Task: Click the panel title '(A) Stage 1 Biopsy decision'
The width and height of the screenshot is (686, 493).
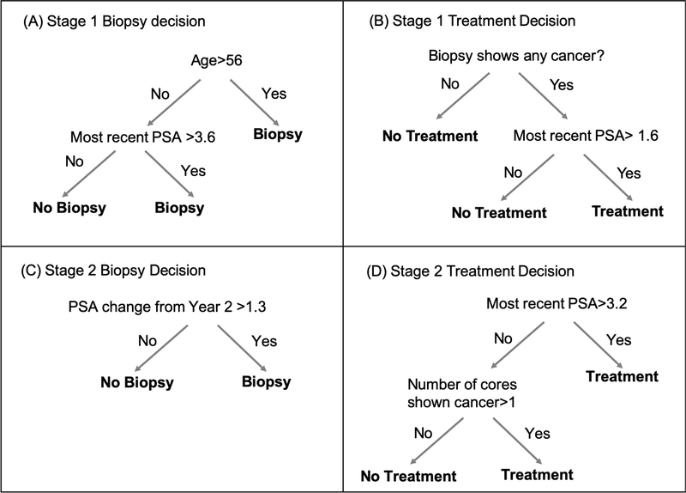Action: [x=112, y=21]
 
